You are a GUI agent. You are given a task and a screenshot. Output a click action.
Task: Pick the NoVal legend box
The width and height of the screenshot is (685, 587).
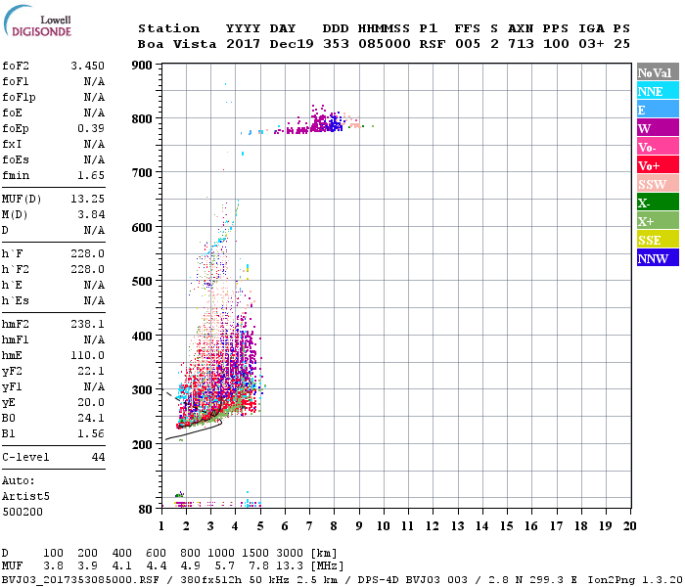(657, 72)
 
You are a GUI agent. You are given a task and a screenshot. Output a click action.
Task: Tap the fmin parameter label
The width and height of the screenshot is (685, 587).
(18, 175)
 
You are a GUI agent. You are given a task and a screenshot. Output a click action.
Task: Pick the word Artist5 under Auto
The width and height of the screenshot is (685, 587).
(24, 496)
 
